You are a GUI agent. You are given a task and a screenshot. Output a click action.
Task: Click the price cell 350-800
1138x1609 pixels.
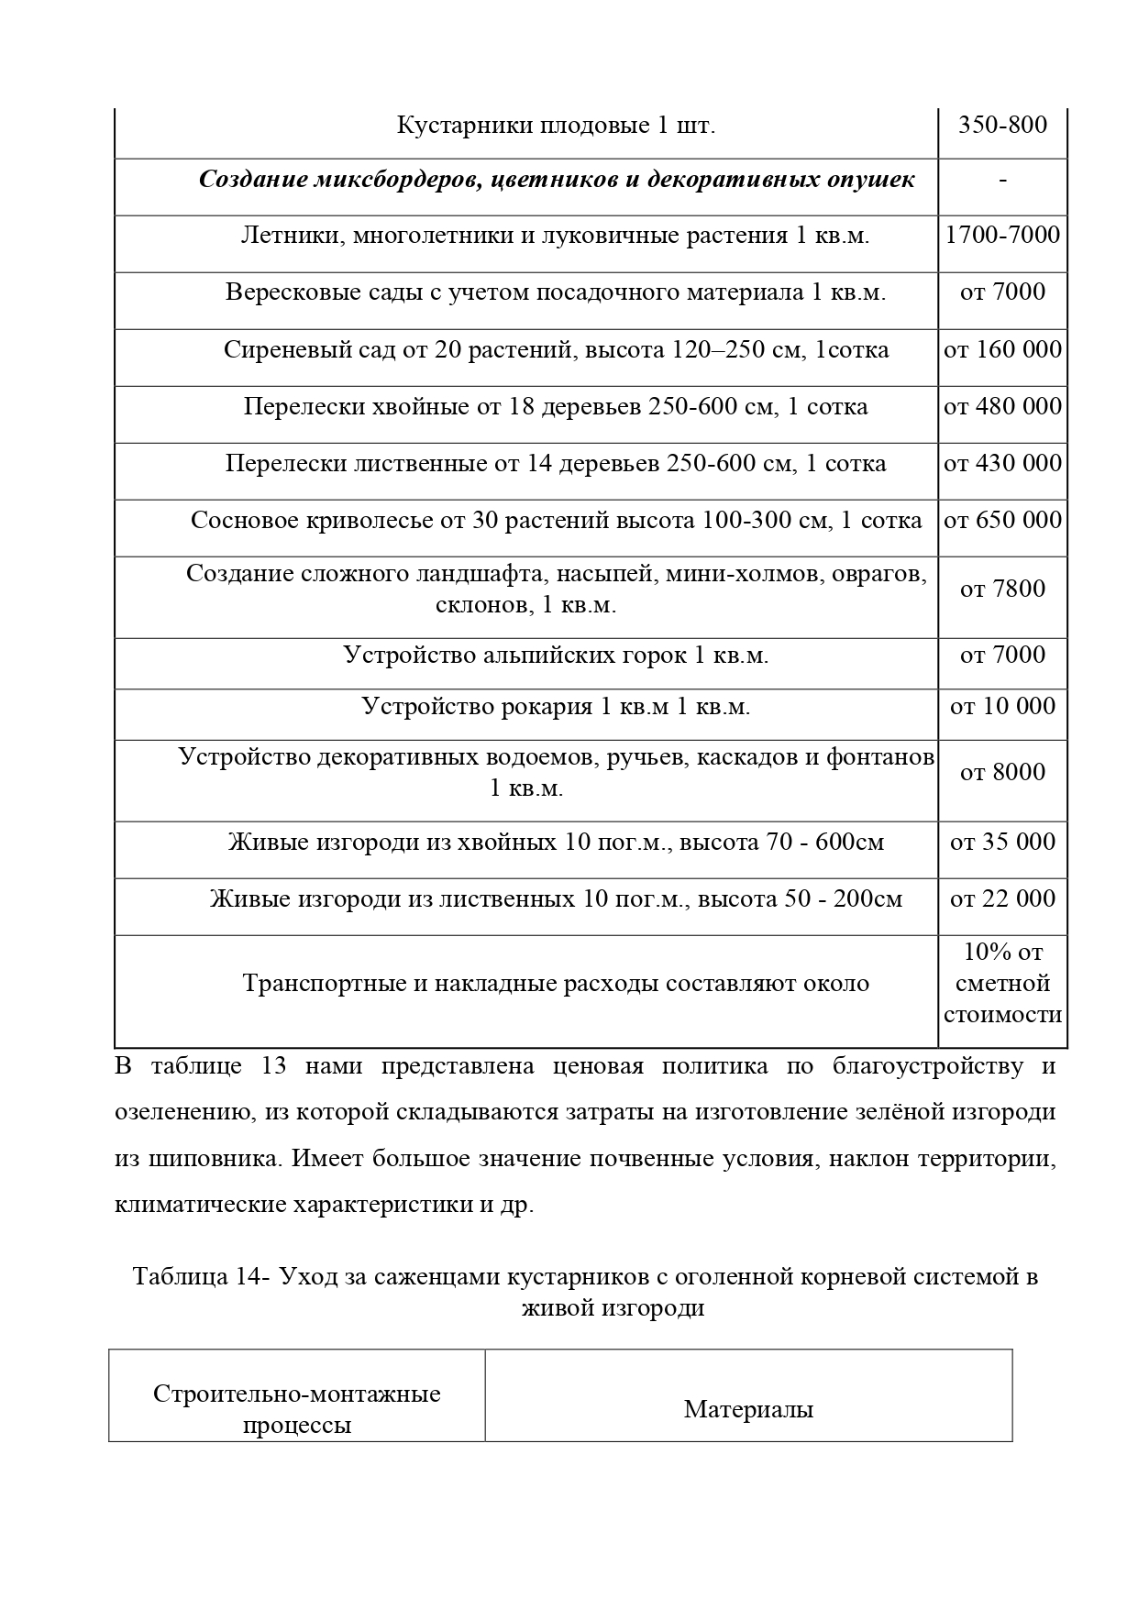(1002, 125)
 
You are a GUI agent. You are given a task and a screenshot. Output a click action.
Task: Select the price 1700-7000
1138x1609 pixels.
(1002, 236)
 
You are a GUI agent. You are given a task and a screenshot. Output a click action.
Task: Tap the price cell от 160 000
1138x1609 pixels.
(1002, 350)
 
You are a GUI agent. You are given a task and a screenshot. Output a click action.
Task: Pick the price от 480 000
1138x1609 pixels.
(1002, 407)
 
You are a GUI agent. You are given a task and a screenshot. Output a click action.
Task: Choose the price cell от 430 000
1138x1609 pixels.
(1002, 464)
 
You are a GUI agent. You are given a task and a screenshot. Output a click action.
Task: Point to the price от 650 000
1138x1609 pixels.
(1002, 521)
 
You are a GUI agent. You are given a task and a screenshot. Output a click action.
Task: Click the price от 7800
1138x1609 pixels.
(1002, 590)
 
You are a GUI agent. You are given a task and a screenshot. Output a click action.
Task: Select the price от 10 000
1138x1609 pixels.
(1002, 707)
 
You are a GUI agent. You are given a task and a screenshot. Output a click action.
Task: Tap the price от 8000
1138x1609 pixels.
(1002, 773)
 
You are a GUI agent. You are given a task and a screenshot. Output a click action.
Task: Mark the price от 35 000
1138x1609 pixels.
(1002, 843)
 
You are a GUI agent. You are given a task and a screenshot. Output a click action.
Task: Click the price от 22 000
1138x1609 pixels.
(1002, 899)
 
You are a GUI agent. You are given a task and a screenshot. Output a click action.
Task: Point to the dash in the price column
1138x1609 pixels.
(1002, 181)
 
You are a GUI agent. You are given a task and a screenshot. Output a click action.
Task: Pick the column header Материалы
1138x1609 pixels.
(748, 1409)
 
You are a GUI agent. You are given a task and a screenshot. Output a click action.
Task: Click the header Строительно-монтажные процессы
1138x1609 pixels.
(296, 1409)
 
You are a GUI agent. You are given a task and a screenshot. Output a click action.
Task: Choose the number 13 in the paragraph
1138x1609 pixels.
(274, 1067)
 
